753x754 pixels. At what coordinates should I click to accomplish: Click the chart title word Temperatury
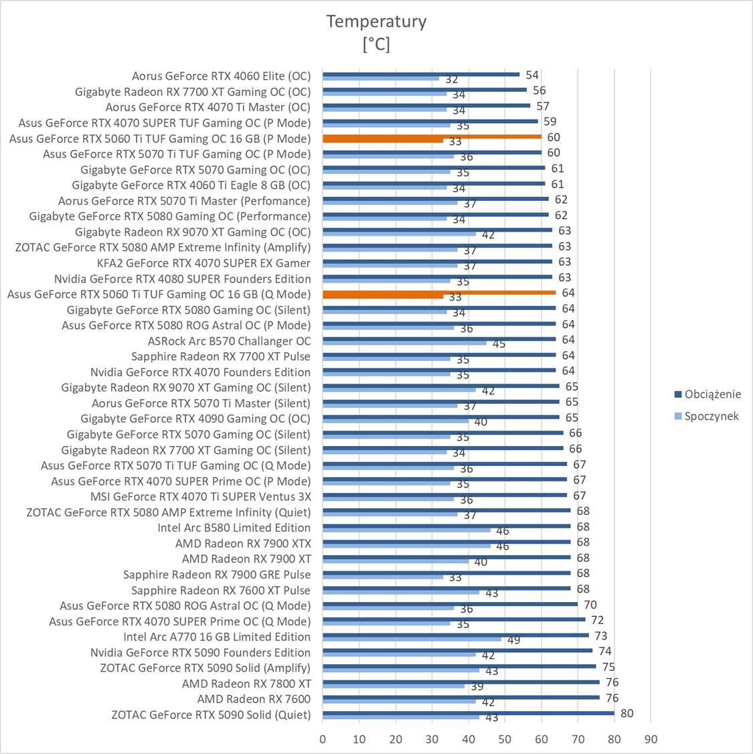(376, 21)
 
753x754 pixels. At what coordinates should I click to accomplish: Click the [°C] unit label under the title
(376, 44)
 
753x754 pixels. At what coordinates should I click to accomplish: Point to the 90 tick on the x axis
(651, 739)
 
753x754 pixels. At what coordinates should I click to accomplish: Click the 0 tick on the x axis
(323, 739)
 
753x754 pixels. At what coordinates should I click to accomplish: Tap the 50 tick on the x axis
(505, 739)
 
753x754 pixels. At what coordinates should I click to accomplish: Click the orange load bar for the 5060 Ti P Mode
(432, 136)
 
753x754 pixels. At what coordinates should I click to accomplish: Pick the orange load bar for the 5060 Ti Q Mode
(439, 292)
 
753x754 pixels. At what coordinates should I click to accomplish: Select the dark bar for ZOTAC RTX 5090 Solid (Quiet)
(469, 712)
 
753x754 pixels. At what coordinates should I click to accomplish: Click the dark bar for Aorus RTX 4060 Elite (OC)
(421, 74)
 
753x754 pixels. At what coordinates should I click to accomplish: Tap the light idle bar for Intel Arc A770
(412, 639)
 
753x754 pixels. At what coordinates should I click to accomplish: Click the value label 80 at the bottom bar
(626, 713)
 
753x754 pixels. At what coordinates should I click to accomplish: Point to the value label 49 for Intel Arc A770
(514, 640)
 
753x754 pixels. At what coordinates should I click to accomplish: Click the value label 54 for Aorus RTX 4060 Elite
(532, 75)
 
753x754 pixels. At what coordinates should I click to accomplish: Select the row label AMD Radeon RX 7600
(254, 699)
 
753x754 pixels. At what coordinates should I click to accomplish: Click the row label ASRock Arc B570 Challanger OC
(229, 341)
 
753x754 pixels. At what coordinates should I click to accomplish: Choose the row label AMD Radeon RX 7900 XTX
(243, 543)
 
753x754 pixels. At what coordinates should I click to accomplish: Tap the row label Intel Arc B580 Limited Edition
(234, 528)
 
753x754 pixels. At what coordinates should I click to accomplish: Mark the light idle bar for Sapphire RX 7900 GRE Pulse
(383, 577)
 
